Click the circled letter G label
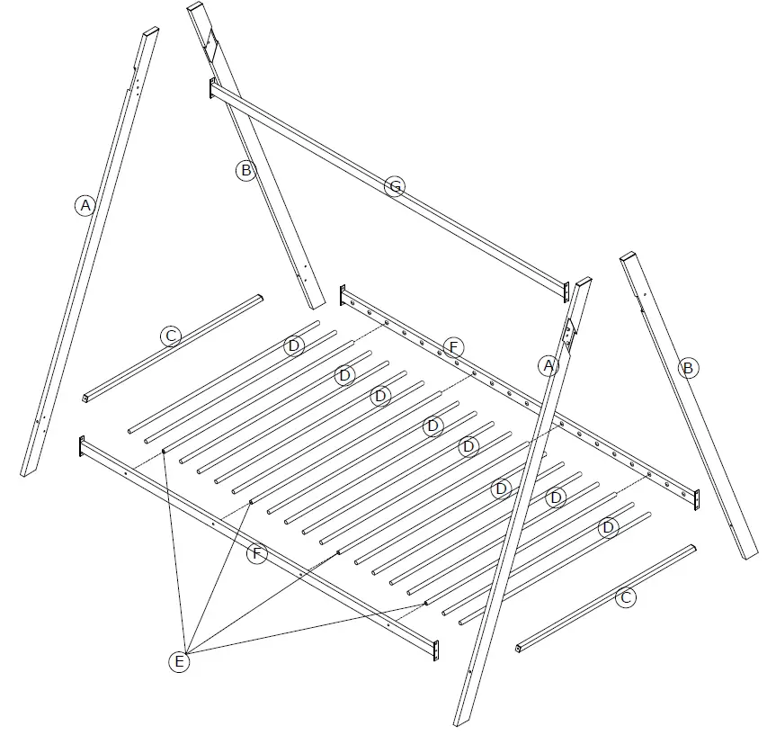[393, 187]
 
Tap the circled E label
[180, 662]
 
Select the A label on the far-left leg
[85, 206]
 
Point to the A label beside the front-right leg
[548, 365]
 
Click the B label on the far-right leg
[688, 367]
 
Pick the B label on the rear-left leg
[245, 169]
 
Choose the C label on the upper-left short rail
[171, 336]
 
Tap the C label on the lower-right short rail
[627, 597]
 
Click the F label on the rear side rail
[453, 347]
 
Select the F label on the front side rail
[256, 553]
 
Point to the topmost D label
[294, 345]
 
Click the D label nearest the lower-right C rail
[608, 526]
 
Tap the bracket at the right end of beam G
[566, 291]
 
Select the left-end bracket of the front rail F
[81, 445]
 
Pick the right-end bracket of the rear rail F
[695, 498]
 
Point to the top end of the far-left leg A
[150, 34]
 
